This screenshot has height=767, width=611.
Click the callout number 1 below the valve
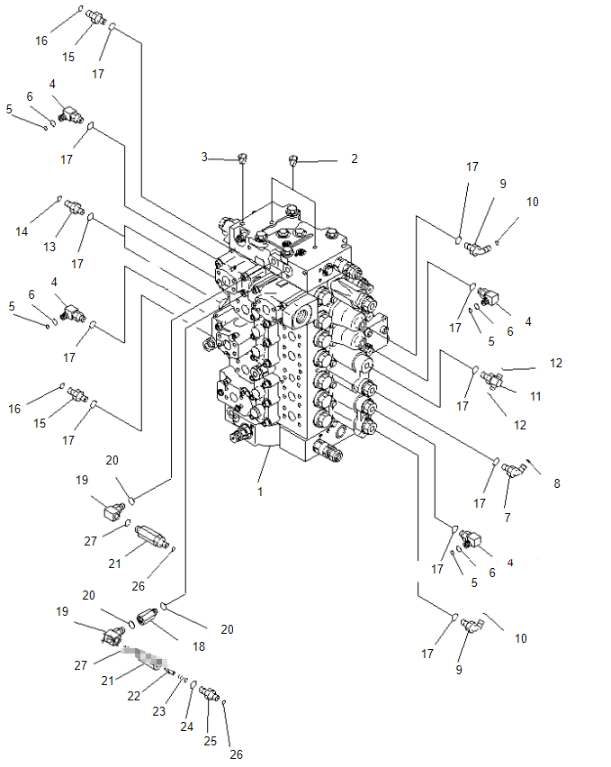click(260, 492)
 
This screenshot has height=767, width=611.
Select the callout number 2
click(355, 158)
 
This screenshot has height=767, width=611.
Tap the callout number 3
click(204, 157)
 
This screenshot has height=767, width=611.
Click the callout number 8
click(556, 483)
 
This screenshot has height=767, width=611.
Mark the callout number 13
click(50, 247)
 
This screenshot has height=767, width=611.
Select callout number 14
click(22, 231)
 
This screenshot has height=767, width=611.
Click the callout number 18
click(199, 646)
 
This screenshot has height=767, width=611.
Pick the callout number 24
click(187, 726)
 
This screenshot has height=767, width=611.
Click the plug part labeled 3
click(242, 159)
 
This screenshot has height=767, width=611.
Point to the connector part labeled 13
click(72, 209)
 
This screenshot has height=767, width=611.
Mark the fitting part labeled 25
click(209, 693)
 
